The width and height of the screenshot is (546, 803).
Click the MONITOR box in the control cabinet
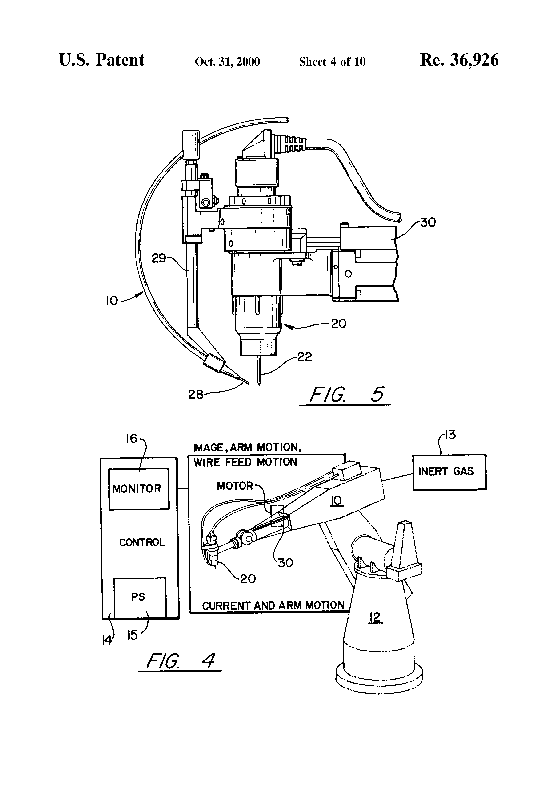(139, 489)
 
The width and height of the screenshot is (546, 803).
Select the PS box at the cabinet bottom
(140, 598)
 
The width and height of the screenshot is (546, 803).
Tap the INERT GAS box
(449, 472)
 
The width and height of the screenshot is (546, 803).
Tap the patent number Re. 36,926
(459, 60)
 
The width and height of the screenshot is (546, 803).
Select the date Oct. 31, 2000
(227, 61)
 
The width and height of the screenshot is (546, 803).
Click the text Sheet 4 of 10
(332, 61)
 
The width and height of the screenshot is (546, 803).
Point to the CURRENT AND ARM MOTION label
(273, 606)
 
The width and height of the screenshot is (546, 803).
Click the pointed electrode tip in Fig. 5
(259, 385)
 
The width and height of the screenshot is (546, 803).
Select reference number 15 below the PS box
(132, 635)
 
